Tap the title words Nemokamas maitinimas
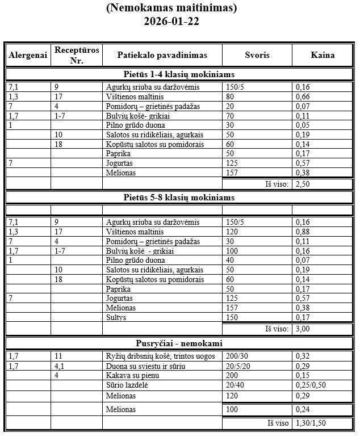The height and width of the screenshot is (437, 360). [171, 8]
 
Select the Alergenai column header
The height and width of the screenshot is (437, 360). [28, 55]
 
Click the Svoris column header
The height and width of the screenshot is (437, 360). [257, 55]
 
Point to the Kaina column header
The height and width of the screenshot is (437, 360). [323, 55]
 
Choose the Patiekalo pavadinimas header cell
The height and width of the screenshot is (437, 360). [162, 55]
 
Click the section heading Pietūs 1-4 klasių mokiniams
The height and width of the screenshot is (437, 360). [179, 74]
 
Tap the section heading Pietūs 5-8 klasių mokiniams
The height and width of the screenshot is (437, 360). [179, 198]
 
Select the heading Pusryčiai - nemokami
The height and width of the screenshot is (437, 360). [179, 343]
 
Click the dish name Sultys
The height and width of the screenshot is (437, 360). [116, 317]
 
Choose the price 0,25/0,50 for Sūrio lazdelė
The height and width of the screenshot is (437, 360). [311, 385]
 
